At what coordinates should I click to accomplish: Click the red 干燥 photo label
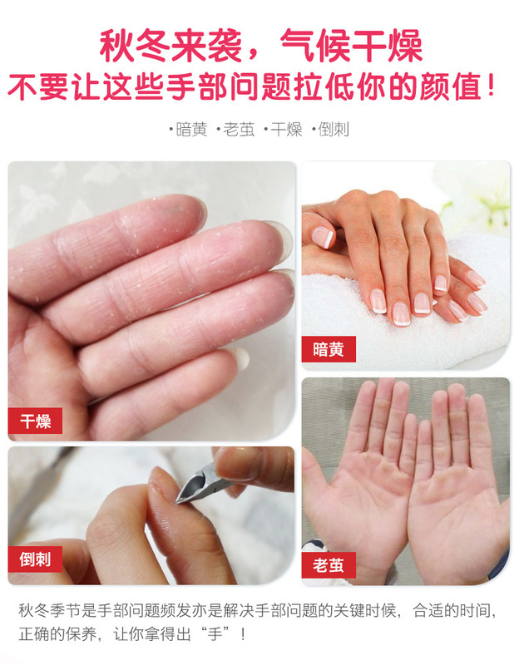(x=35, y=421)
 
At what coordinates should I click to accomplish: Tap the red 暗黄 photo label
(x=329, y=349)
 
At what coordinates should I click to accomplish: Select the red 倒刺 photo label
(x=35, y=559)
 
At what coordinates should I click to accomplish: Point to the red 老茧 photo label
(x=329, y=565)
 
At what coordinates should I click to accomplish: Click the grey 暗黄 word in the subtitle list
(x=192, y=130)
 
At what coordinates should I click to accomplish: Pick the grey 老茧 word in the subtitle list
(x=240, y=130)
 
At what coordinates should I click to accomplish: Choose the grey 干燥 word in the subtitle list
(x=286, y=130)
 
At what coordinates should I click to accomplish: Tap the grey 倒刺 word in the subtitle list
(x=334, y=130)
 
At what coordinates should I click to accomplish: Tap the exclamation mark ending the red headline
(x=491, y=86)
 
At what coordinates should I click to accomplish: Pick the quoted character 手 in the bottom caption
(x=215, y=635)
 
